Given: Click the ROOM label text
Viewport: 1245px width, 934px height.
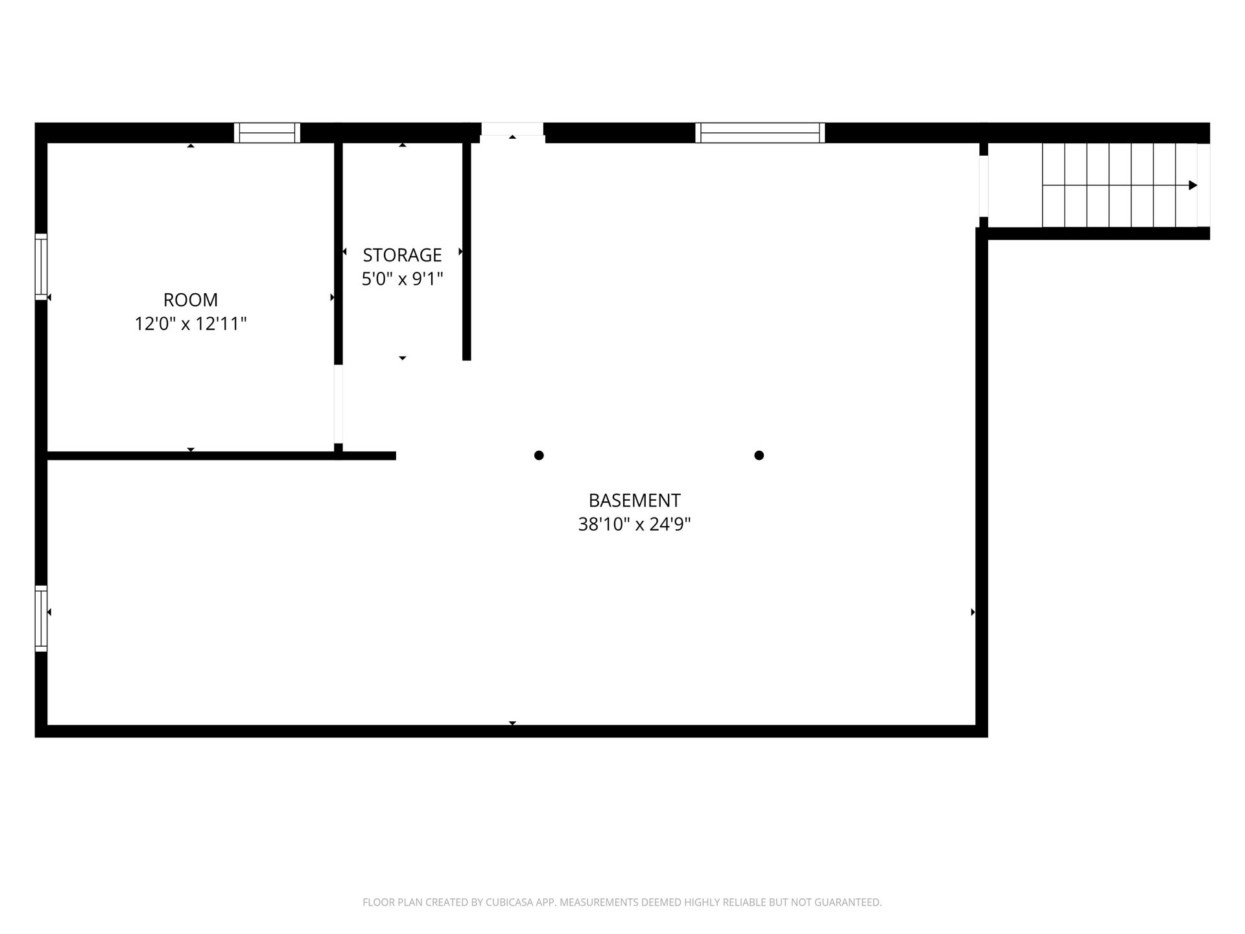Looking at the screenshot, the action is point(191,300).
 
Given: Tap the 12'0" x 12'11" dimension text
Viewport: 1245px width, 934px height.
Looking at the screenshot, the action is point(191,324).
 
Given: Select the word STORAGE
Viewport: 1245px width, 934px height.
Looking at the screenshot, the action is point(402,255).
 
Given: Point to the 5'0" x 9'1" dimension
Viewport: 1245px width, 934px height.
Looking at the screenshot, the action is point(402,279).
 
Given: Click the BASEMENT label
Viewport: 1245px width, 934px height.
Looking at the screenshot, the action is point(634,501).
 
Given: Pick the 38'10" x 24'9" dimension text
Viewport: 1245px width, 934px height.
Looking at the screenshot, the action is point(634,524).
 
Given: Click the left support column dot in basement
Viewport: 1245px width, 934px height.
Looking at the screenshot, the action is point(539,455).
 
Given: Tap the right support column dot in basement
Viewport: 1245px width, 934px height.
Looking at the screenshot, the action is point(759,455).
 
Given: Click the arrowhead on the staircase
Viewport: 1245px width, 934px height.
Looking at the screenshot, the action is point(1193,186).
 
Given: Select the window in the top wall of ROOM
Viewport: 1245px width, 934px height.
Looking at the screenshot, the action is point(267,133).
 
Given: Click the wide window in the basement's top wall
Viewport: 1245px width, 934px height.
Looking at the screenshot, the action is point(760,133).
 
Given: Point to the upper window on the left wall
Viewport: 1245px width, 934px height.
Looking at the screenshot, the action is point(41,267).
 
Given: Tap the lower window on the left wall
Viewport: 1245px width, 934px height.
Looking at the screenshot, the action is point(41,619).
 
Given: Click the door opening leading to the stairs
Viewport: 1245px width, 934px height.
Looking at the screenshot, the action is point(984,186).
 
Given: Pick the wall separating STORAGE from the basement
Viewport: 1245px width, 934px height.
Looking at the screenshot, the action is point(467,252).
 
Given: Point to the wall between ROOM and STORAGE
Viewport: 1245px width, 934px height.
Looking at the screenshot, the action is point(338,254).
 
